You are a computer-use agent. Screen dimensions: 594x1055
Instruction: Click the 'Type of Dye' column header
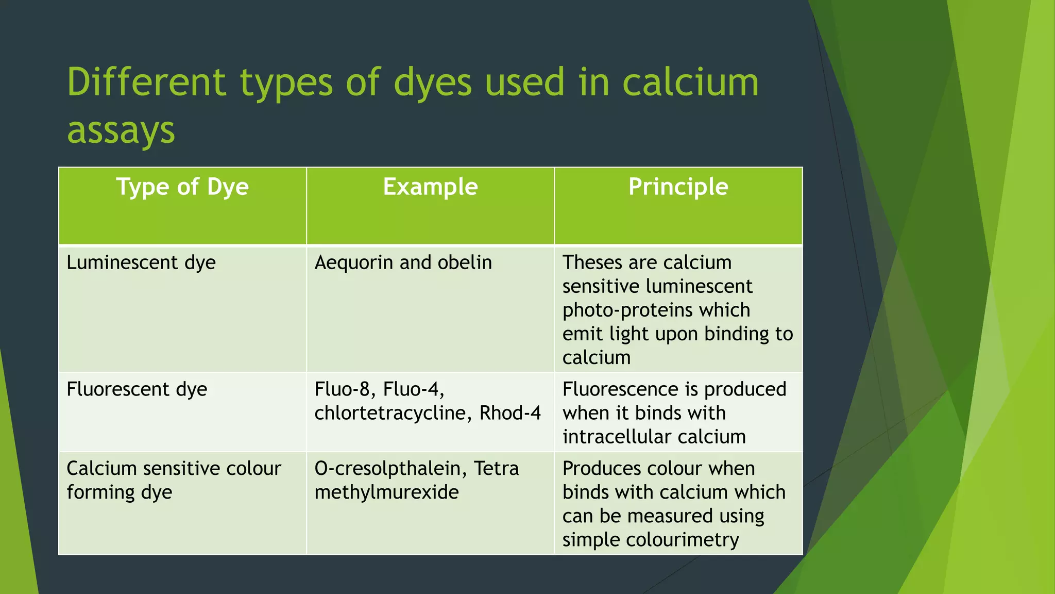[182, 187]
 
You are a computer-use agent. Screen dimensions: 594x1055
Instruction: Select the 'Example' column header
[430, 187]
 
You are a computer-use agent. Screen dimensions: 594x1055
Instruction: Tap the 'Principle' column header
[678, 187]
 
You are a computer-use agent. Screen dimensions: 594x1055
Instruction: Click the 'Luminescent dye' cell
[141, 262]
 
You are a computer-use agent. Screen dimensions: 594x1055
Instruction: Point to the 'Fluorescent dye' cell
[137, 389]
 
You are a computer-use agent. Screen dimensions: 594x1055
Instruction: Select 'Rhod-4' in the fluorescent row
[510, 413]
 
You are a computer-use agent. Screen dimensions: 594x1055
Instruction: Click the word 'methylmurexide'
[386, 492]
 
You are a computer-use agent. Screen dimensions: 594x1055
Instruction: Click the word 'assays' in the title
[121, 130]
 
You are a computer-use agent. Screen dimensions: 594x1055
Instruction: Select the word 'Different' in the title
[146, 82]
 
